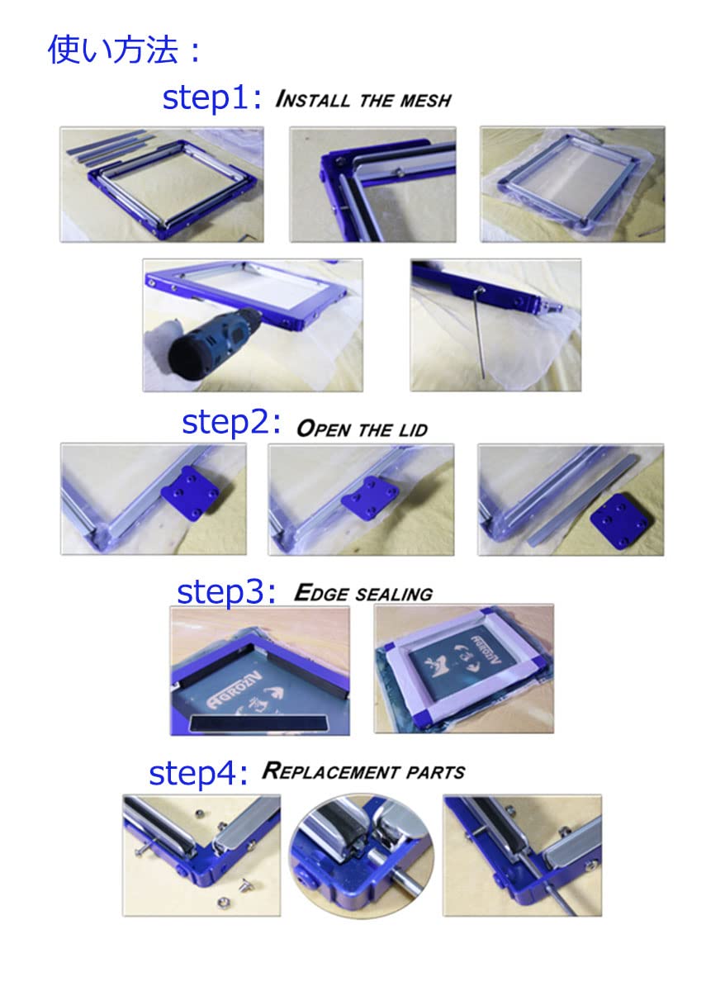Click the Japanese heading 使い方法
[x=113, y=49]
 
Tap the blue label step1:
[x=212, y=98]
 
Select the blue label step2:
[x=231, y=423]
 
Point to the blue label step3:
[x=226, y=593]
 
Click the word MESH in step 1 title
[x=425, y=101]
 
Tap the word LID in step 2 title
[x=413, y=430]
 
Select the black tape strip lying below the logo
[x=257, y=723]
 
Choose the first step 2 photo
[x=154, y=499]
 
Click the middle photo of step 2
[x=361, y=500]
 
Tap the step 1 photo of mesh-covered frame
[x=572, y=184]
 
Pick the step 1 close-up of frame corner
[x=373, y=184]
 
